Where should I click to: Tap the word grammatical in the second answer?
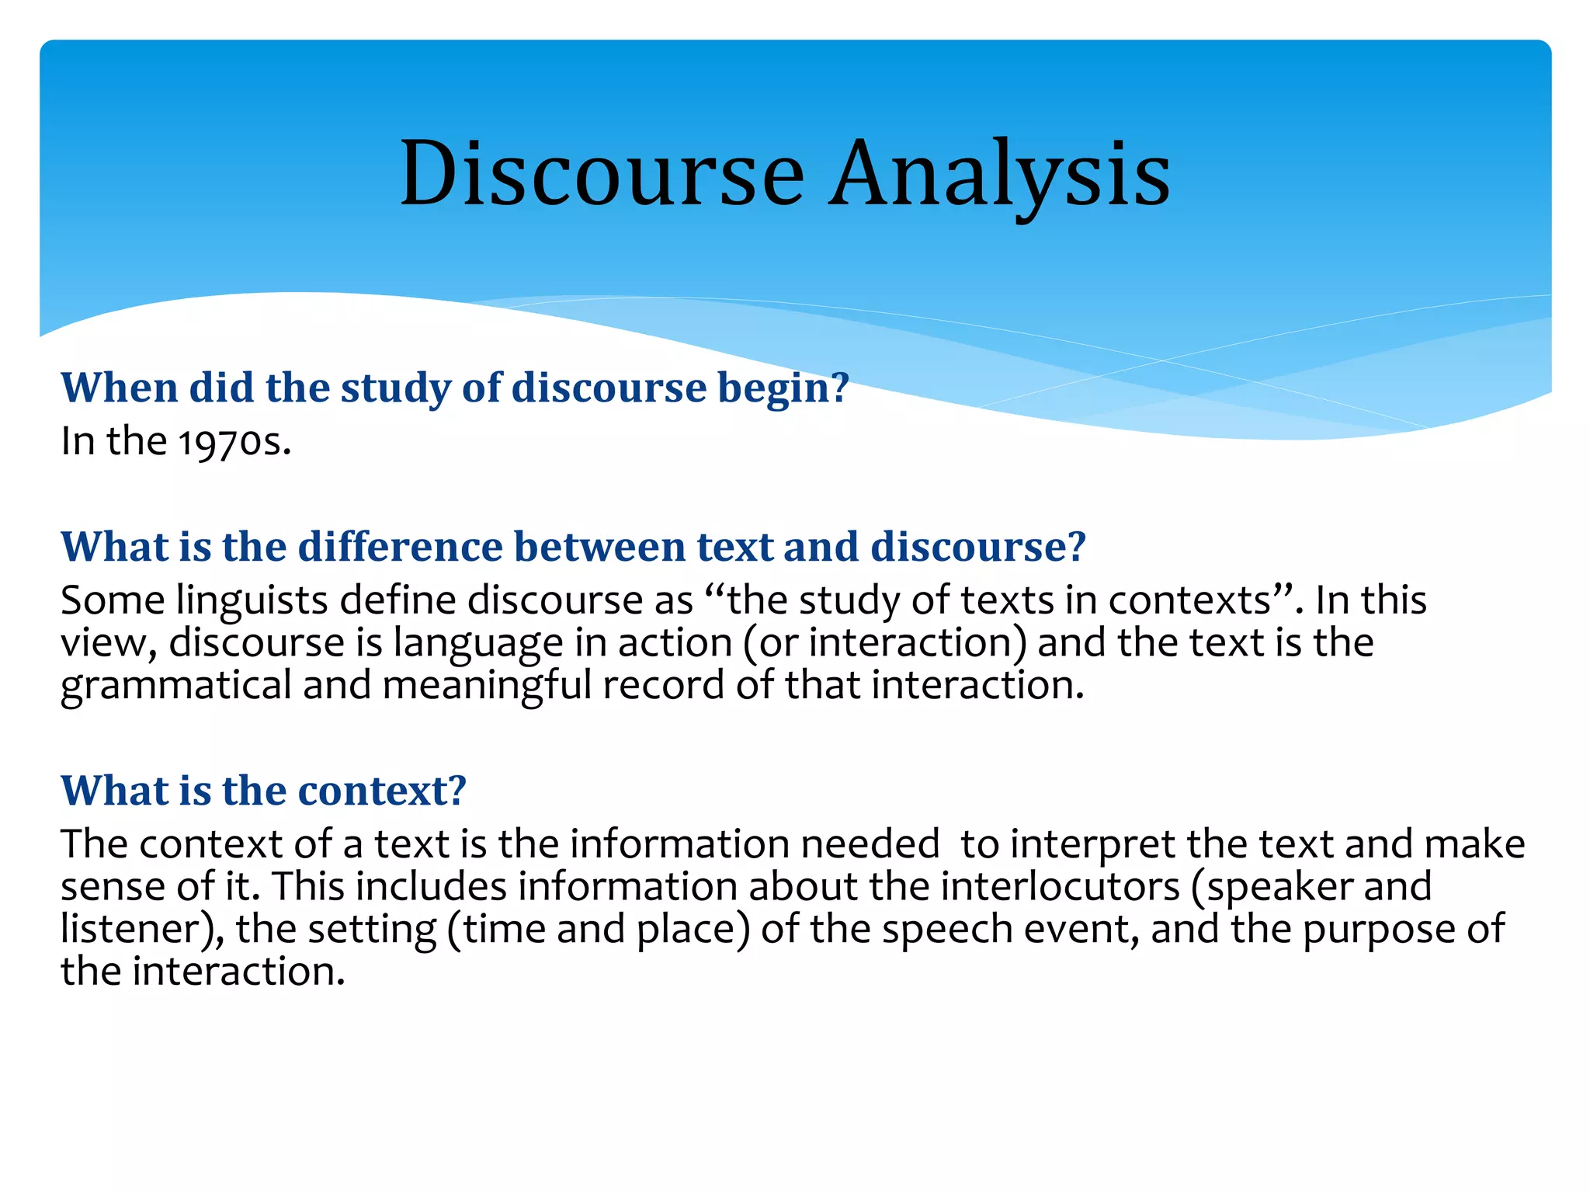tap(175, 686)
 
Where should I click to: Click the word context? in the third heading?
tap(382, 791)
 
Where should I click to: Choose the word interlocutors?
tap(1060, 887)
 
